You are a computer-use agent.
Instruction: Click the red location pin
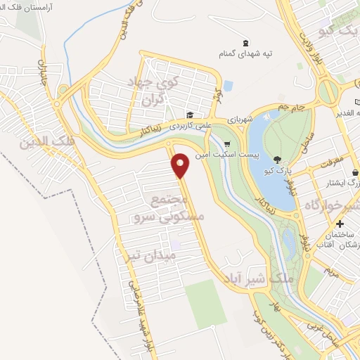point(181,165)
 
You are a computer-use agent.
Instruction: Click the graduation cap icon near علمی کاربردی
point(189,115)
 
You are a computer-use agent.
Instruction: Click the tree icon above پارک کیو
point(277,159)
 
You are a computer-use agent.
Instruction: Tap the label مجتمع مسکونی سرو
point(167,209)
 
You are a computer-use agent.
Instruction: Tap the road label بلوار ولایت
point(305,47)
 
